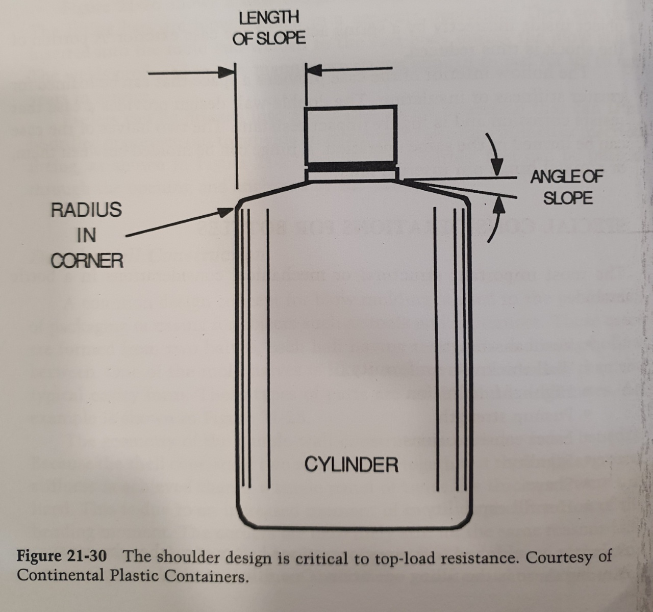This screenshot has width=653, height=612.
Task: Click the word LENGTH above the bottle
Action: tap(269, 18)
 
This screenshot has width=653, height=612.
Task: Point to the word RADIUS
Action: tap(86, 210)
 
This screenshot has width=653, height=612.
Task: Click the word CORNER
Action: tap(87, 261)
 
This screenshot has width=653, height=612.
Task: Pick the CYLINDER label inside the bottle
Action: tap(351, 464)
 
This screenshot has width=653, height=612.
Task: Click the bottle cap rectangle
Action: tap(350, 134)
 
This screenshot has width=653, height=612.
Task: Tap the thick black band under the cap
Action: tap(350, 167)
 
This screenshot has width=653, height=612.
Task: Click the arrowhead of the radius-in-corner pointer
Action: tap(230, 210)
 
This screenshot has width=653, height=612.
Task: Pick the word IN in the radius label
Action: tap(86, 235)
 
